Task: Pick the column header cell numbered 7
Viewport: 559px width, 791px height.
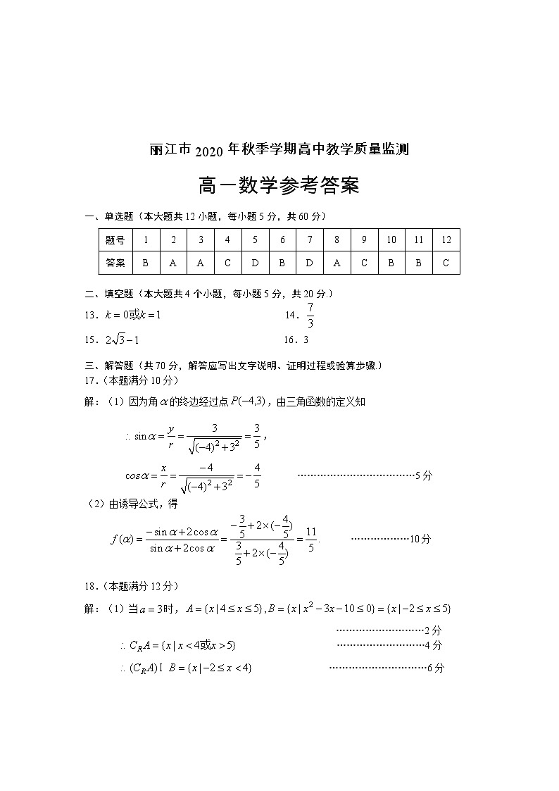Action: (x=310, y=239)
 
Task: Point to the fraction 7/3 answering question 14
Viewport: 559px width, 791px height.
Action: (x=310, y=316)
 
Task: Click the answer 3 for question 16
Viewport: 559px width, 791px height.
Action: (x=306, y=340)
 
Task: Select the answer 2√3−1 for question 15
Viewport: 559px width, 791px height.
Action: (x=123, y=340)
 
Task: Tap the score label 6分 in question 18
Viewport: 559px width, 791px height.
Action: (x=436, y=668)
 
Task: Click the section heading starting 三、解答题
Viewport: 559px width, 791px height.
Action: (x=232, y=366)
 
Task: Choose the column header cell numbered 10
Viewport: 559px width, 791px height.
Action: (x=391, y=239)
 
